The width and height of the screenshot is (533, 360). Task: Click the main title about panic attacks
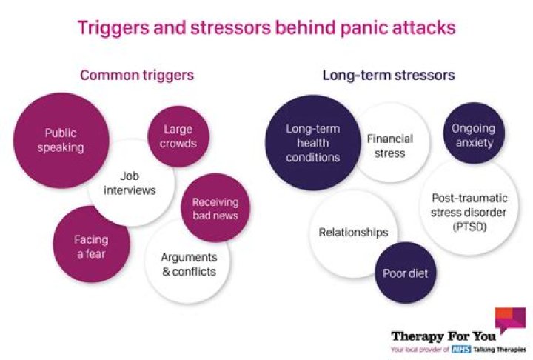tap(266, 28)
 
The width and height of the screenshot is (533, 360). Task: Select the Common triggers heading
tap(137, 75)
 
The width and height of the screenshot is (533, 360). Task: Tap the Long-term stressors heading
tap(388, 75)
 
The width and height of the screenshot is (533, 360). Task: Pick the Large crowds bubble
tap(178, 137)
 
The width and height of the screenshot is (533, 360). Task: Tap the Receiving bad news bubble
tap(214, 208)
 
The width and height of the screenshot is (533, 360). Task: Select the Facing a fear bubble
tap(91, 246)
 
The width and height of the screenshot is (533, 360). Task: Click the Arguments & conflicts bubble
tap(188, 264)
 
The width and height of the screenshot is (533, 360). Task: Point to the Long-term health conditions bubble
tap(312, 143)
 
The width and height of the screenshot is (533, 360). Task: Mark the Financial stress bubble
tap(389, 146)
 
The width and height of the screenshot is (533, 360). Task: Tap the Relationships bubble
tap(352, 233)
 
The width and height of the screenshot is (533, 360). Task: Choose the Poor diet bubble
tap(405, 273)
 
